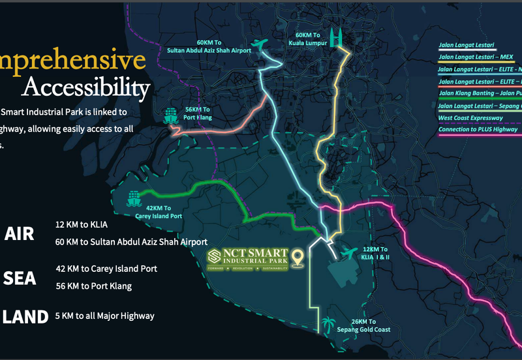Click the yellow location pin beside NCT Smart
click(x=299, y=258)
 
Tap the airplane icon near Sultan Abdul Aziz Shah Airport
click(x=261, y=44)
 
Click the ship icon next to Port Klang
click(x=171, y=116)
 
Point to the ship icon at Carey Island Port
click(x=134, y=196)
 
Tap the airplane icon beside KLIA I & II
click(x=347, y=252)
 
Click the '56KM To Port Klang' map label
click(x=198, y=113)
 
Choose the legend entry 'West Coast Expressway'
click(x=470, y=117)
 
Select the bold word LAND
click(x=25, y=317)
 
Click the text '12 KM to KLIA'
click(x=82, y=225)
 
